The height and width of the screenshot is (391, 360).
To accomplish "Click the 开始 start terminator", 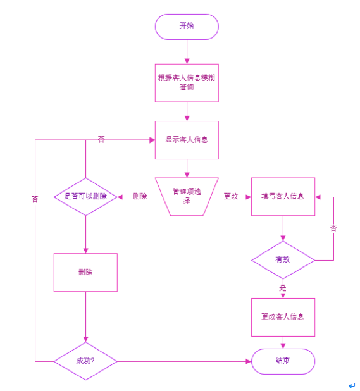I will tap(187, 27).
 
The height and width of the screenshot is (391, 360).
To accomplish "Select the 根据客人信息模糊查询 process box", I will tap(187, 83).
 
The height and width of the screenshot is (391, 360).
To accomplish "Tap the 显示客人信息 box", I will tap(187, 140).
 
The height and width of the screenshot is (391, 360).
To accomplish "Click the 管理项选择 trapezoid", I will tap(187, 196).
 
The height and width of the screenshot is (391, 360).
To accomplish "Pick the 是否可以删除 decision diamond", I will tap(85, 197).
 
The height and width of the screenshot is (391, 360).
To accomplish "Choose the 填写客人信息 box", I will tap(283, 196).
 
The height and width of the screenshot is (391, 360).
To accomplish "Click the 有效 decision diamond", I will tap(283, 259).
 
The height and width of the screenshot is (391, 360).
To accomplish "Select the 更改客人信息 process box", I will tap(283, 316).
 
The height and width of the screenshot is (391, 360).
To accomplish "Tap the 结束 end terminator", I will tap(283, 361).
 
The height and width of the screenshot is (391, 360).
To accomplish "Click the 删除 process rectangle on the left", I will tap(85, 272).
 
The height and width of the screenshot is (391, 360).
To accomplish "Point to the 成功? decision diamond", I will tap(85, 361).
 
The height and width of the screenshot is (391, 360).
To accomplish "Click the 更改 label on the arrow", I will tap(231, 196).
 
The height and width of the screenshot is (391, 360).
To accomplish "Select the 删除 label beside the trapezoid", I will tap(140, 196).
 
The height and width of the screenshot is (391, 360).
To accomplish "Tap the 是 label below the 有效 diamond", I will tap(283, 288).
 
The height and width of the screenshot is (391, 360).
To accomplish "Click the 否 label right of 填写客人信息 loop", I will tap(333, 228).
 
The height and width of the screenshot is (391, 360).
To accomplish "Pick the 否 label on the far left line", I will tap(35, 199).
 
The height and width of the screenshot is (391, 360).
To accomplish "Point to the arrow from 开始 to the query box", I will tap(187, 52).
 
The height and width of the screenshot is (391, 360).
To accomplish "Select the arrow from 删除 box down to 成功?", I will tap(85, 316).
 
